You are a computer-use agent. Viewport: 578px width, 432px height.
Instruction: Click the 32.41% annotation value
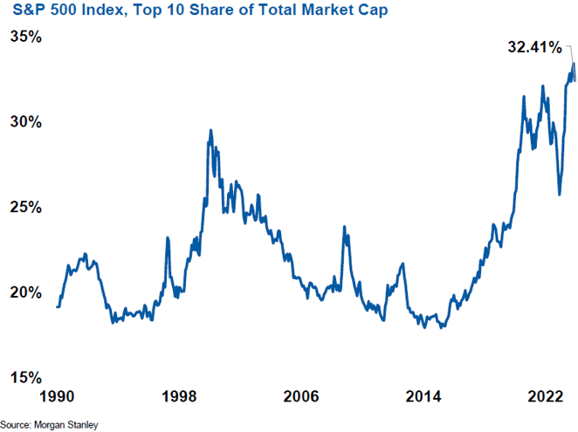533,48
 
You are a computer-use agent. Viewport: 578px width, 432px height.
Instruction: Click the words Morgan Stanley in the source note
67,425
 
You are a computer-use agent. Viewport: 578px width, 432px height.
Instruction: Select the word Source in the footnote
18,425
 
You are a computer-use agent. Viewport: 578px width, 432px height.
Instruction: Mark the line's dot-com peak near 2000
210,131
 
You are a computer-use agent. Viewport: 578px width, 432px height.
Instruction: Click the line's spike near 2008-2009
344,228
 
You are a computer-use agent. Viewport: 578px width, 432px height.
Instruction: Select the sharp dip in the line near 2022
560,194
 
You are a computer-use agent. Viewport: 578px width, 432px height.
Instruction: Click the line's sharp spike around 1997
168,237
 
